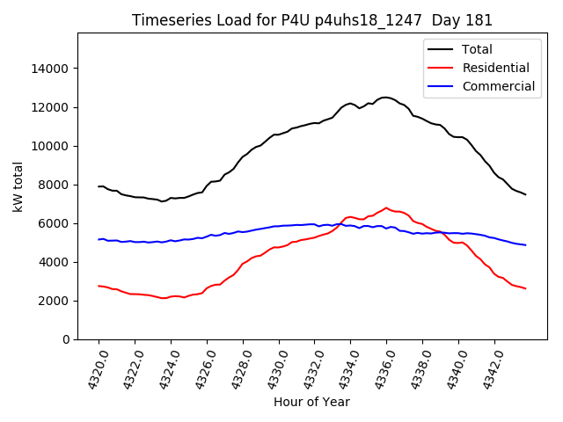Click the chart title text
[x=312, y=20]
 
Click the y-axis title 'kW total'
[x=18, y=186]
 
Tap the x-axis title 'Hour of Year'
[x=311, y=402]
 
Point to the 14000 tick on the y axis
[x=51, y=69]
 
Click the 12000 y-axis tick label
[x=51, y=107]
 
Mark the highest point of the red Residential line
[x=385, y=208]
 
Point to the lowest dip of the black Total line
[x=162, y=201]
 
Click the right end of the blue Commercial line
[x=525, y=245]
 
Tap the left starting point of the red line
[x=99, y=286]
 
